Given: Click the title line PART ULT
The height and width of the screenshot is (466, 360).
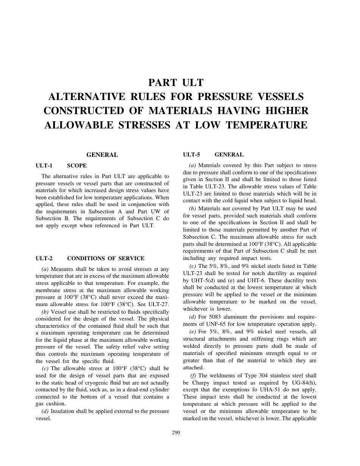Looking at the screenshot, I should [x=176, y=83].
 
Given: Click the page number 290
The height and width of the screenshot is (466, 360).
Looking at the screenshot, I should [x=176, y=433].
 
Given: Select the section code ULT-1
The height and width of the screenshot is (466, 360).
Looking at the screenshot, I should [x=44, y=166].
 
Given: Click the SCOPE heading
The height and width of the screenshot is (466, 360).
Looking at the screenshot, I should [x=77, y=166].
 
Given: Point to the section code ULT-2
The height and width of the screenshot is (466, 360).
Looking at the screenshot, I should [x=44, y=258].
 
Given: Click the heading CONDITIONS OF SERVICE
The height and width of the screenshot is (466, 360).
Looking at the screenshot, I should [x=106, y=258].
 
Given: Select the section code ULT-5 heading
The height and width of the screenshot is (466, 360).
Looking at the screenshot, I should [x=191, y=155].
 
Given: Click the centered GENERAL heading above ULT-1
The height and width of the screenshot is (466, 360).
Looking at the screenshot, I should [x=102, y=155].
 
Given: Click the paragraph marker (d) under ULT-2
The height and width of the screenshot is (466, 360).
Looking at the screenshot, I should [x=45, y=411].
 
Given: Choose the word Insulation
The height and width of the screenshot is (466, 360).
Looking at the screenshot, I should [x=64, y=411].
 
